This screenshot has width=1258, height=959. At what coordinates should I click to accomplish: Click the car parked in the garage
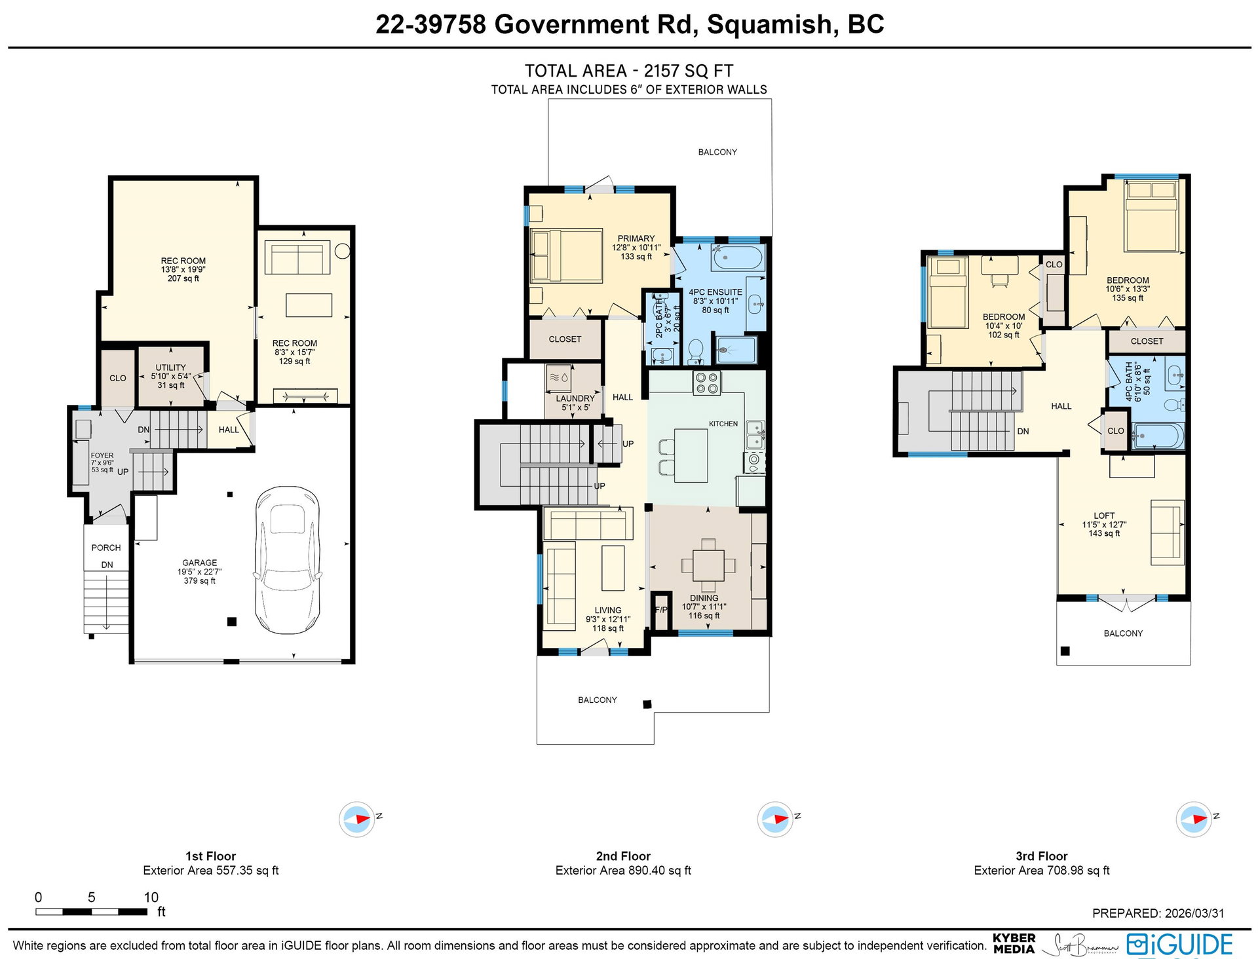point(288,560)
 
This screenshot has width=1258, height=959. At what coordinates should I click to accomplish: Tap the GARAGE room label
point(200,563)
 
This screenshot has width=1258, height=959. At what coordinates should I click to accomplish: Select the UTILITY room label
point(171,367)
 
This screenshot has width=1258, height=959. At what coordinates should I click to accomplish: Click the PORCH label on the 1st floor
point(106,548)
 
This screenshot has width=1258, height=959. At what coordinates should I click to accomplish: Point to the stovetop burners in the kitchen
point(707,383)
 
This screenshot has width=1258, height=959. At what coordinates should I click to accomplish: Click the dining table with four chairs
point(708,565)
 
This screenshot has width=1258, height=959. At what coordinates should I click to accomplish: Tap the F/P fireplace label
point(661,610)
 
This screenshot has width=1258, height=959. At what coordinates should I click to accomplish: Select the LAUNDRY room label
point(575,398)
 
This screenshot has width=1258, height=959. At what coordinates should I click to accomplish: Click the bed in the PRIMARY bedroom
point(566,255)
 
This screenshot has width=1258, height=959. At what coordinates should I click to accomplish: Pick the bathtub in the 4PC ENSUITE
point(738,257)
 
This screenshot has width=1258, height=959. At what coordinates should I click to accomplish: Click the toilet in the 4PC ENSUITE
point(696,350)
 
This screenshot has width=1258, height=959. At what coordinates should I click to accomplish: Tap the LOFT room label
point(1104,516)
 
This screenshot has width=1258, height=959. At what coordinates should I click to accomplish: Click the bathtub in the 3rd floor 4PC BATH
point(1158,436)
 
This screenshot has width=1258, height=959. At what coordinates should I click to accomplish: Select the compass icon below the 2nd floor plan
point(775,819)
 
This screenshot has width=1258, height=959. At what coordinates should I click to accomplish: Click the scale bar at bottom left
point(91,911)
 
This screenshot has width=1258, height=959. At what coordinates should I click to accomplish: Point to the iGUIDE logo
point(1180,945)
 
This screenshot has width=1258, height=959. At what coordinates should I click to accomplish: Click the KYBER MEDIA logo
point(1014,943)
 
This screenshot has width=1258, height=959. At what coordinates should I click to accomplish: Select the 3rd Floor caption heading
point(1042,856)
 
